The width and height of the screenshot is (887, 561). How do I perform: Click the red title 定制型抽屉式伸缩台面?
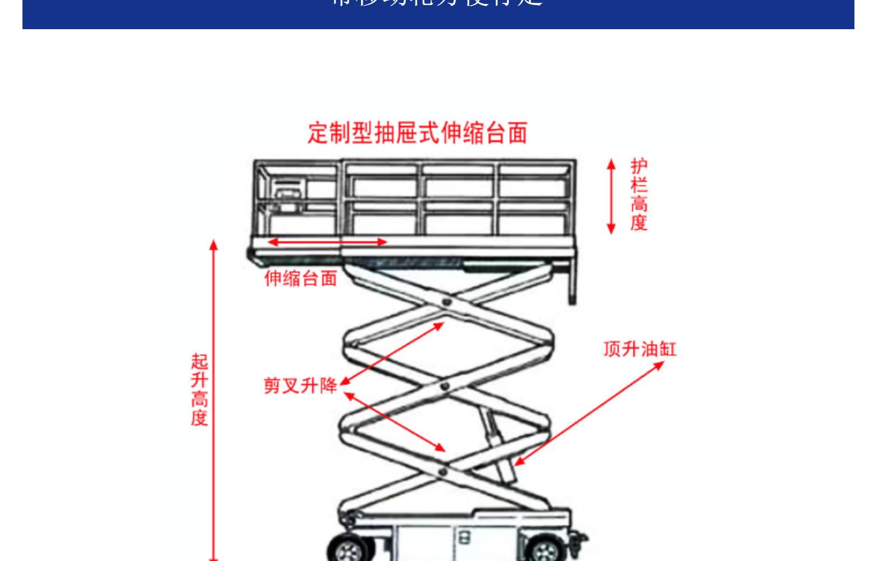click(418, 134)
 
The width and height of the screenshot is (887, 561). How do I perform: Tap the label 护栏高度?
click(639, 195)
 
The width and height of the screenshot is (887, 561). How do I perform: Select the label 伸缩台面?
click(301, 278)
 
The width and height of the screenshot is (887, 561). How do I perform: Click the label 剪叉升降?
click(300, 385)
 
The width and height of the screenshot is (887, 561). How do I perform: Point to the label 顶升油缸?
click(640, 349)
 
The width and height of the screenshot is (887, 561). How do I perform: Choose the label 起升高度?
click(199, 389)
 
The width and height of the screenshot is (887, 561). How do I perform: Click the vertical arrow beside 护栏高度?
click(611, 196)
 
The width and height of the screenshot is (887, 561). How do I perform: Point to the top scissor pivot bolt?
click(446, 303)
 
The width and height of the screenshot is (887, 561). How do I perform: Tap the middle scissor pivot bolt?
click(444, 387)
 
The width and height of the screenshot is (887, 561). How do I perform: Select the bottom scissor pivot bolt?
click(443, 471)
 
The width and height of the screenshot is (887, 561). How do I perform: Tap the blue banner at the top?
click(438, 13)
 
